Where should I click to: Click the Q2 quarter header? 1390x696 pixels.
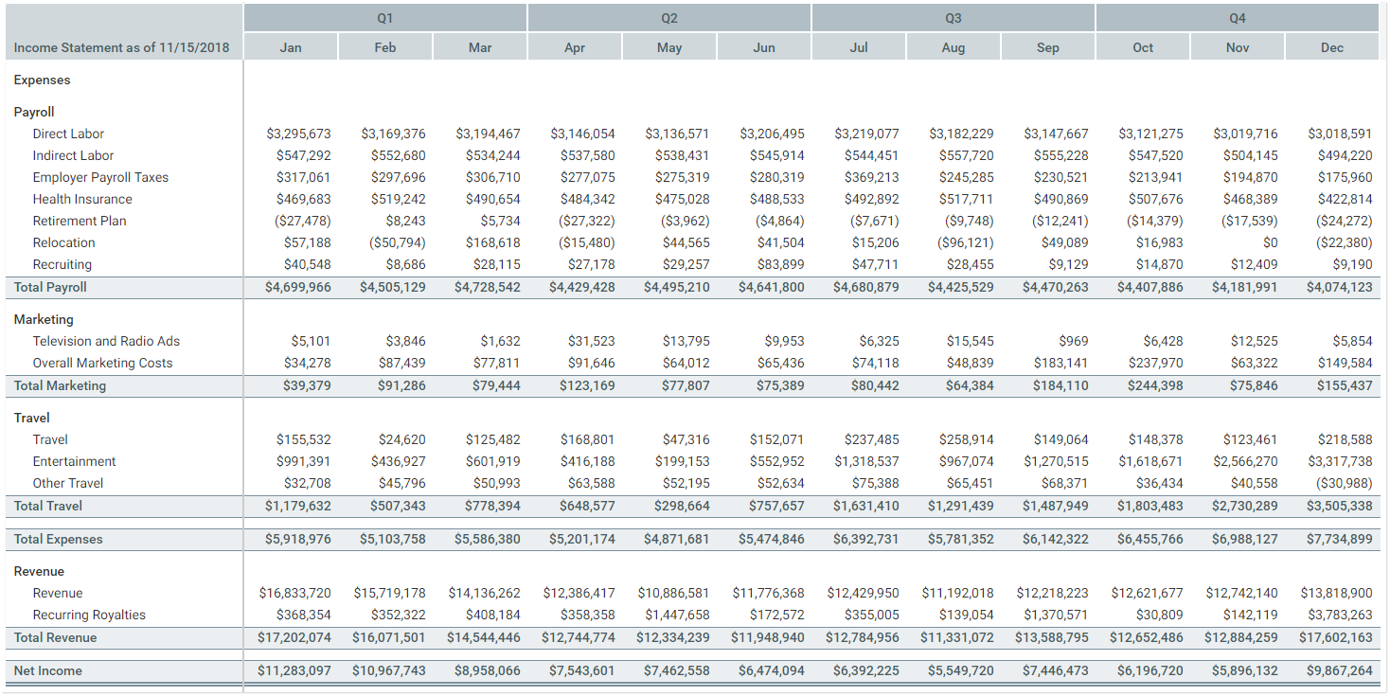[669, 18]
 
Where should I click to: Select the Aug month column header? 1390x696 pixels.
[953, 47]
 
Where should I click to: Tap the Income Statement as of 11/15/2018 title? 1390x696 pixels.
[121, 47]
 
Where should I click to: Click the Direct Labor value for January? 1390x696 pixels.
[298, 134]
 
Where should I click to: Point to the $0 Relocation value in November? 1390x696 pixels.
[1270, 242]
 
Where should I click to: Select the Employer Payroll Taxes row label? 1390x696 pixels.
[100, 177]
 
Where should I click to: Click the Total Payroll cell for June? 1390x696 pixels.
[772, 287]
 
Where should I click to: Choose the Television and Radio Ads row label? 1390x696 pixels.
[106, 341]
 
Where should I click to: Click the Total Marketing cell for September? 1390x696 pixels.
[1056, 385]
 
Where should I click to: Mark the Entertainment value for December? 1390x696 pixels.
[1340, 461]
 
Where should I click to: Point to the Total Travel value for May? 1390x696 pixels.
[681, 506]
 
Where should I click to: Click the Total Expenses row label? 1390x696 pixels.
[58, 539]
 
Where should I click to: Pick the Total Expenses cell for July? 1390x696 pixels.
[866, 539]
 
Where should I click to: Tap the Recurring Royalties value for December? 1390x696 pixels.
[1340, 615]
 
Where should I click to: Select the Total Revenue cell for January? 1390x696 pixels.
[294, 637]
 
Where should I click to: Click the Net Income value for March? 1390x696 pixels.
[488, 670]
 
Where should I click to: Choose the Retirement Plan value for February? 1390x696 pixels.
[405, 221]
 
